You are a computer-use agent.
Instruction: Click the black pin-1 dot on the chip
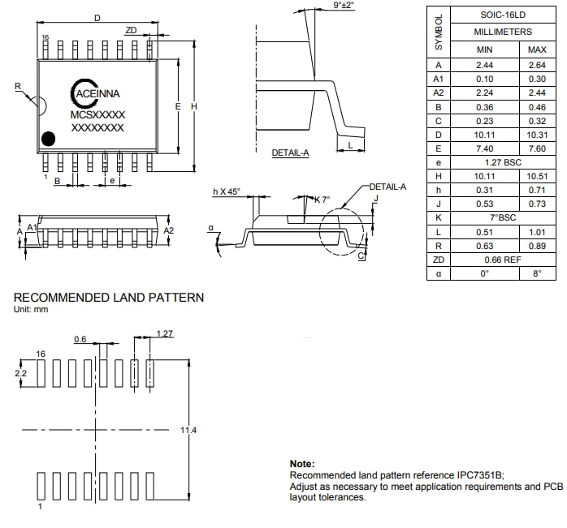point(49,139)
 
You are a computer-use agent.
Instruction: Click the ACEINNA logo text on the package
point(97,94)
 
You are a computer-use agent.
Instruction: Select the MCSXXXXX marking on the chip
point(97,115)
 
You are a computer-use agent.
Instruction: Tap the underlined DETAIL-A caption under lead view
point(290,152)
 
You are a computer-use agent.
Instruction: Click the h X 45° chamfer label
point(227,191)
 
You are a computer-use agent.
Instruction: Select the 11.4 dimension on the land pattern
point(188,430)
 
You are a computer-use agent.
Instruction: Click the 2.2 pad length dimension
point(21,372)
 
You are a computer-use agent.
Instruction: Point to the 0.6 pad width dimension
point(80,339)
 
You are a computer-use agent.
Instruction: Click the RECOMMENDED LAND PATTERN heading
point(109,298)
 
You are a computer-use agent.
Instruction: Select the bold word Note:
point(302,463)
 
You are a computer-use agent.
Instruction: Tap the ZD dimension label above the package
point(131,30)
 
